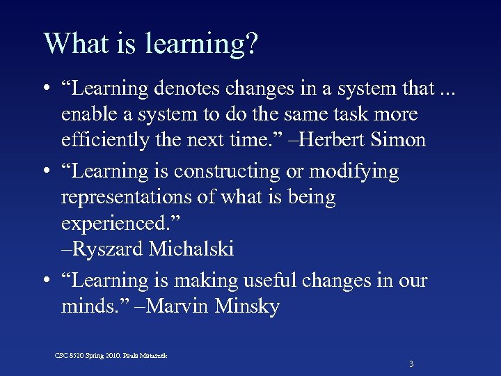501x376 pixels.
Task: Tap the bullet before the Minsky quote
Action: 45,281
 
